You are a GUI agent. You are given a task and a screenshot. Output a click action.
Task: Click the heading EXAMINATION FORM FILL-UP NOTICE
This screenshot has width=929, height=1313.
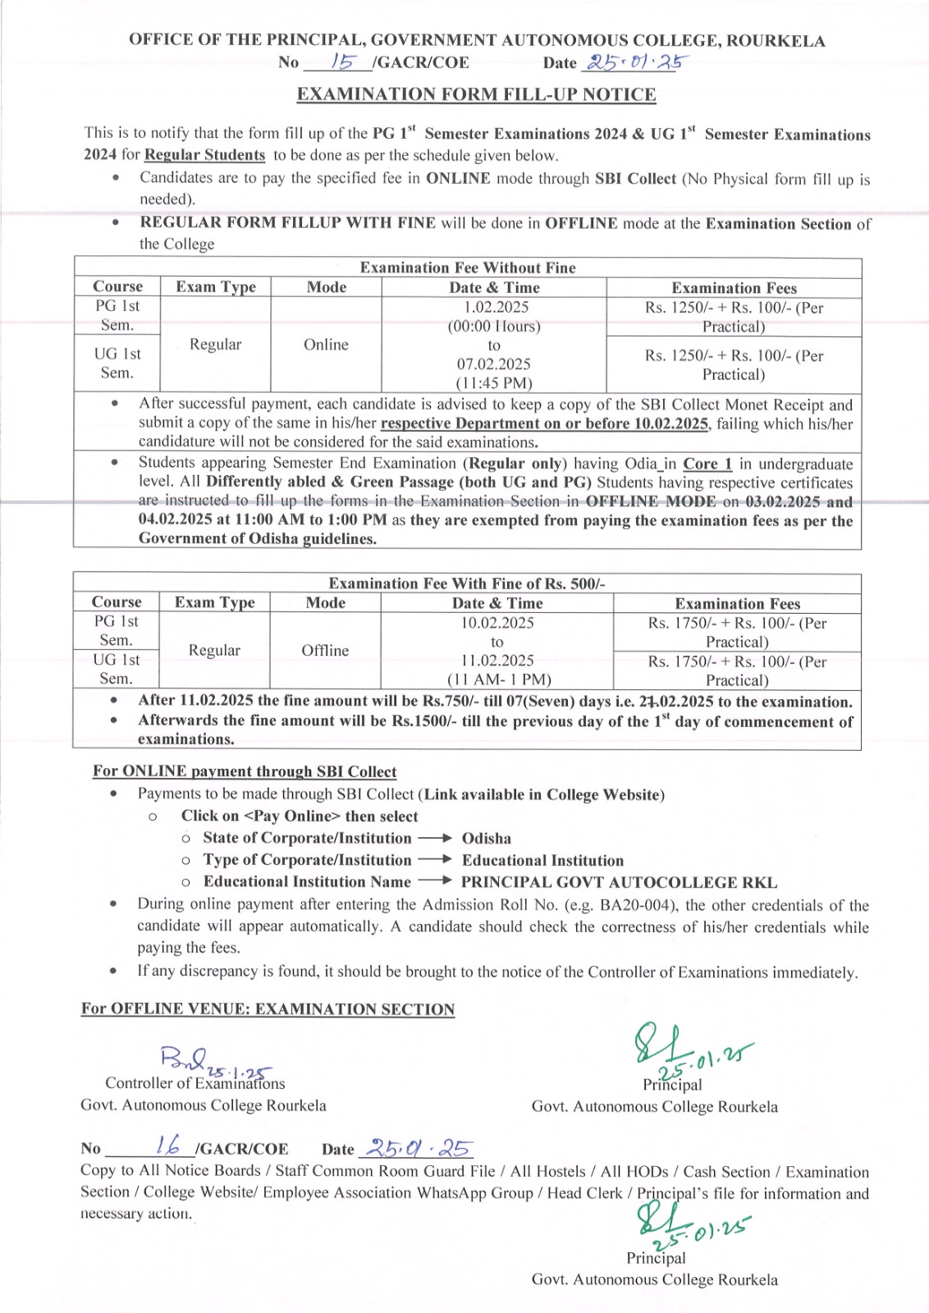click(476, 94)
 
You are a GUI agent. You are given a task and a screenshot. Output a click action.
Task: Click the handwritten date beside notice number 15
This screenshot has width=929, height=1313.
click(636, 62)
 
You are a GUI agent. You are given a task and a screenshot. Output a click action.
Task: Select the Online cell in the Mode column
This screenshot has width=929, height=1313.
click(326, 345)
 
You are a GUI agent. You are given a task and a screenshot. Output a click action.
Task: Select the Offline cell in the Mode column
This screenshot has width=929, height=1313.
click(325, 650)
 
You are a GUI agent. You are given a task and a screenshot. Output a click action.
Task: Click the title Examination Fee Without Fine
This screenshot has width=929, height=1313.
click(468, 268)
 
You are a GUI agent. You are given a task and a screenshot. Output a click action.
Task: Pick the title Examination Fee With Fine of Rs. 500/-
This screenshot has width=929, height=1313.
click(467, 583)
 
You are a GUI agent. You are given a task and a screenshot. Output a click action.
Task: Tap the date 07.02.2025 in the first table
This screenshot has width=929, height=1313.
click(494, 364)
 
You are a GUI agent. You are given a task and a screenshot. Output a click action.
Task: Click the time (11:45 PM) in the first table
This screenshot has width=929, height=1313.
click(494, 383)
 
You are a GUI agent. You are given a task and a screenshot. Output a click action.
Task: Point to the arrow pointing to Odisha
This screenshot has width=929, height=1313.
click(435, 838)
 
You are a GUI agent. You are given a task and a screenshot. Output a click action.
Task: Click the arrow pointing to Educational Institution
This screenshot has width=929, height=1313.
click(435, 859)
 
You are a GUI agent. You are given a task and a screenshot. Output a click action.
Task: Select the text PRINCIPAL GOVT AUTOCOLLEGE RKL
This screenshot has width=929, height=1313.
click(619, 882)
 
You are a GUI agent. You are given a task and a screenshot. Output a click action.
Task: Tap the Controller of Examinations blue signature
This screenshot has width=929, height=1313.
click(201, 1060)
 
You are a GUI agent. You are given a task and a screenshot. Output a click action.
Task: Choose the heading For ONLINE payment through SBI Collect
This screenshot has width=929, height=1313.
click(245, 771)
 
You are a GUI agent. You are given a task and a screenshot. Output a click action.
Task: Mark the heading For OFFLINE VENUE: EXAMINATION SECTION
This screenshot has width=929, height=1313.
click(268, 1009)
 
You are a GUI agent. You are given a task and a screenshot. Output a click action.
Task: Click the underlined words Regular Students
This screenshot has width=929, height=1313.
click(204, 155)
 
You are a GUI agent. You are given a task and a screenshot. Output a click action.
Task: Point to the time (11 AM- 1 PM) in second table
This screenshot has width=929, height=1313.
click(499, 679)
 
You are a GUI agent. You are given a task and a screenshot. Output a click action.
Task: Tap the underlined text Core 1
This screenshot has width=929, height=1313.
click(707, 464)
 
